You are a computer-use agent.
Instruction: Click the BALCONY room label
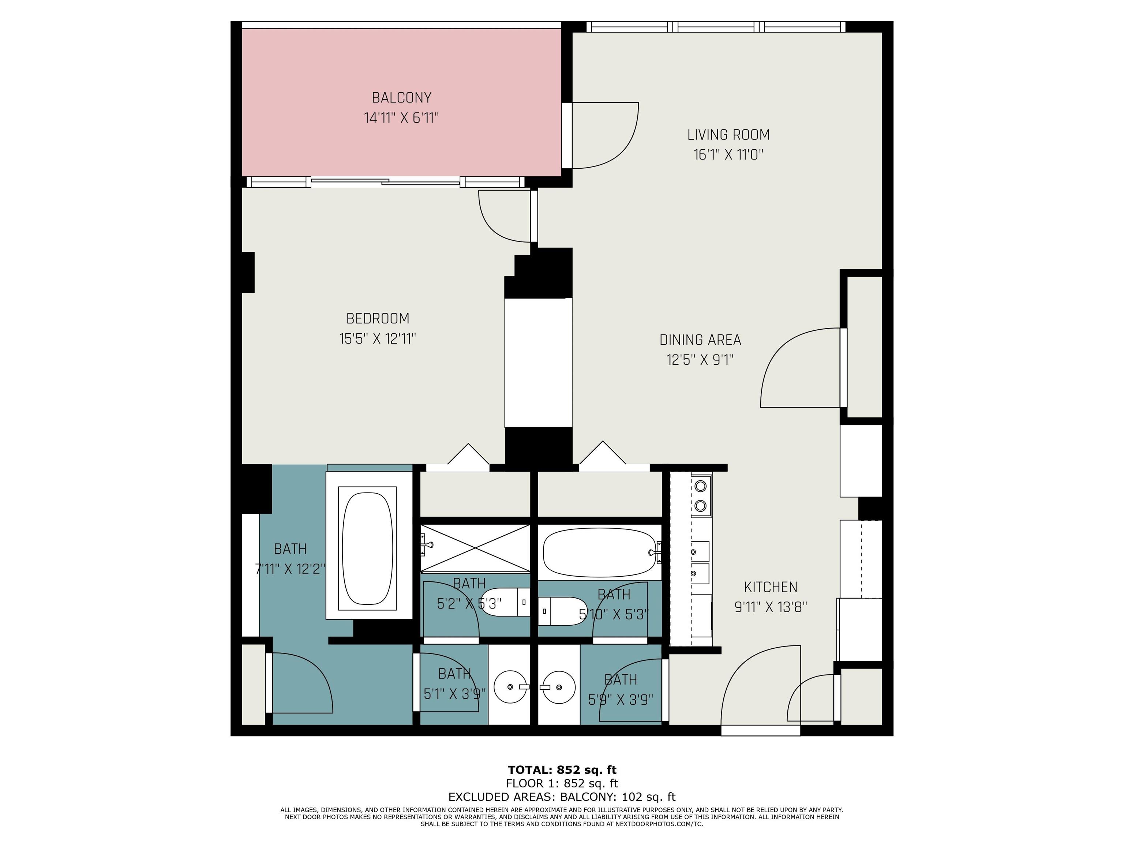(x=401, y=98)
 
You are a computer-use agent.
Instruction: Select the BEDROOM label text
(x=378, y=319)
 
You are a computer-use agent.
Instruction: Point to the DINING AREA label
(x=700, y=340)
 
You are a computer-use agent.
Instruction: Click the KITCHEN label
(x=770, y=587)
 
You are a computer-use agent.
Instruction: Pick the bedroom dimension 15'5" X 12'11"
(x=378, y=339)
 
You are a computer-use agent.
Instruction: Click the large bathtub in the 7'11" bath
(x=368, y=548)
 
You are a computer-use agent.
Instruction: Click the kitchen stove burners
(x=701, y=496)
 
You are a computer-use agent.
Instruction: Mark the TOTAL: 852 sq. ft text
(x=562, y=770)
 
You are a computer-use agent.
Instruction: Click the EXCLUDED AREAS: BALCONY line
(x=562, y=797)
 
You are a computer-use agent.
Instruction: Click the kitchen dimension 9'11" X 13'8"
(x=770, y=607)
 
